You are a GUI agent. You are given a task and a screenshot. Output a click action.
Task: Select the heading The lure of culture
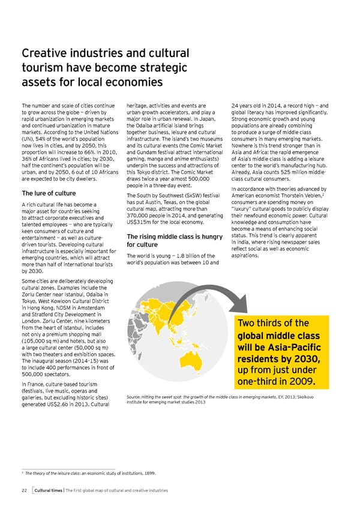49,193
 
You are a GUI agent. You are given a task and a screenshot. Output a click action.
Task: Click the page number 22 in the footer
24,490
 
